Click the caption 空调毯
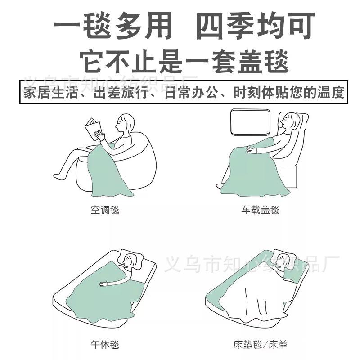point(105,210)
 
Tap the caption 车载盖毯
point(260,210)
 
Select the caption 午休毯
point(105,345)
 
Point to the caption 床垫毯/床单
point(260,345)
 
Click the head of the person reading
point(126,123)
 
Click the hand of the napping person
point(105,284)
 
